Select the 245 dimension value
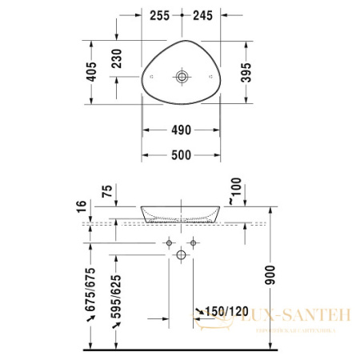tap(202, 15)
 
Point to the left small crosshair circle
tap(169, 242)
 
